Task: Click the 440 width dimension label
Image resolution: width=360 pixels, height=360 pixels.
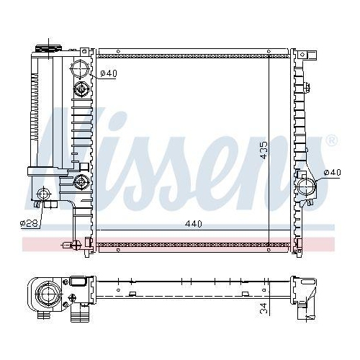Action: [192, 224]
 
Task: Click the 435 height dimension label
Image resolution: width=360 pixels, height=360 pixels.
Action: [264, 150]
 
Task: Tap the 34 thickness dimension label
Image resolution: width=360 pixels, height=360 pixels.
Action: [264, 309]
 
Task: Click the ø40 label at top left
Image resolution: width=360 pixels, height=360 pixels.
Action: [109, 73]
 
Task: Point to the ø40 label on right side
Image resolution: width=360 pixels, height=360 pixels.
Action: [333, 173]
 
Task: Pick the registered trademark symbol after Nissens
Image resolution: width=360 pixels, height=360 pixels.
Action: [330, 140]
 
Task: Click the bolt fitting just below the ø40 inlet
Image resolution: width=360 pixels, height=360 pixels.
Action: [81, 90]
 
